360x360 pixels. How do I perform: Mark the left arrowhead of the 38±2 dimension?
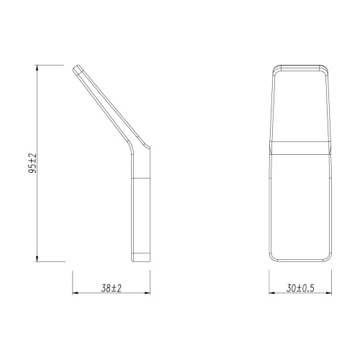pyautogui.click(x=76, y=294)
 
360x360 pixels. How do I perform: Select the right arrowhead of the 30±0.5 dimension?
pyautogui.click(x=330, y=294)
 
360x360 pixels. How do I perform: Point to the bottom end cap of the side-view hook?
pyautogui.click(x=140, y=257)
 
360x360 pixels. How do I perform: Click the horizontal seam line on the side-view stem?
pyautogui.click(x=140, y=176)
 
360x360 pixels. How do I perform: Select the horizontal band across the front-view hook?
pyautogui.click(x=302, y=148)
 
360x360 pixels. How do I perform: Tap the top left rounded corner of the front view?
pyautogui.click(x=275, y=69)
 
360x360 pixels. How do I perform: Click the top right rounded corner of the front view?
pyautogui.click(x=328, y=69)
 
